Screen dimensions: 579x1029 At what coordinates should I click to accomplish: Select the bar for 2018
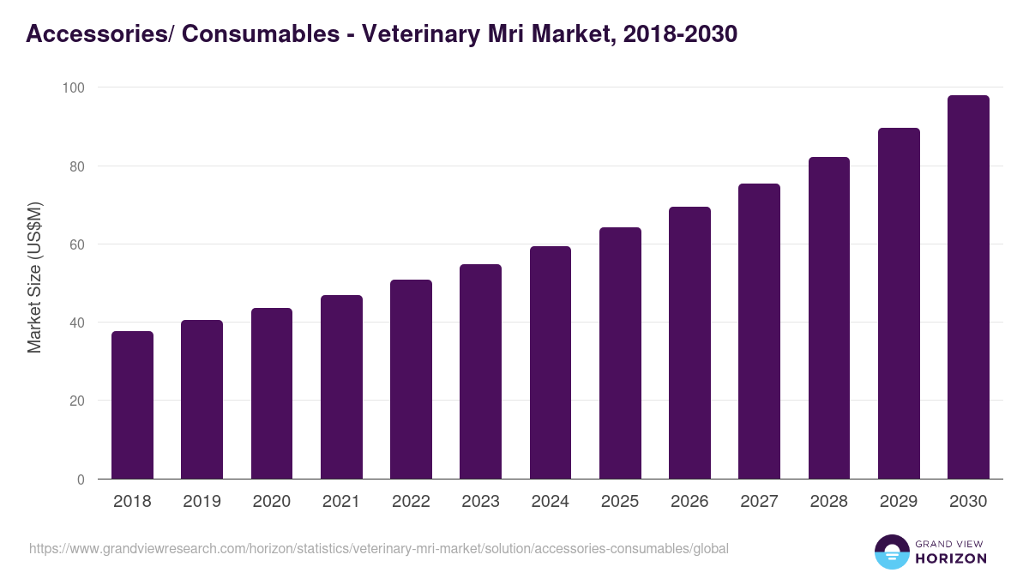click(132, 405)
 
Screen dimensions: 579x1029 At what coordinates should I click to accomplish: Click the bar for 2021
click(341, 387)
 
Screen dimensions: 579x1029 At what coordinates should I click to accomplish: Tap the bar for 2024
click(551, 363)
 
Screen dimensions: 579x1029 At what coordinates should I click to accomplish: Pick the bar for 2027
click(759, 331)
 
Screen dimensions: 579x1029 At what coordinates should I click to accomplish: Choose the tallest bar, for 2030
click(968, 287)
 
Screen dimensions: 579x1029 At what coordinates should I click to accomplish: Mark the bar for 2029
click(899, 304)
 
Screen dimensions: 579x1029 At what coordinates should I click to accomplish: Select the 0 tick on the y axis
click(81, 479)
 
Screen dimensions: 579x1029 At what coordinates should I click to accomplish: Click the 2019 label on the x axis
click(202, 502)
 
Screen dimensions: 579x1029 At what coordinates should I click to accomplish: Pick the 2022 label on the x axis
click(411, 502)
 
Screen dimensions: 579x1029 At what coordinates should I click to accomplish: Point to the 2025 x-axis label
click(620, 502)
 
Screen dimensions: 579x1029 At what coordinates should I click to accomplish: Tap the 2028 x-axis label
click(828, 502)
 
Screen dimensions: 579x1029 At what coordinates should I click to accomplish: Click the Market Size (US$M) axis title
click(35, 278)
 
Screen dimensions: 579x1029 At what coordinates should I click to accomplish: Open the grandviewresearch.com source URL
click(379, 548)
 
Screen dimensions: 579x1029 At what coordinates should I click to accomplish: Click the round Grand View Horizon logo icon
click(891, 552)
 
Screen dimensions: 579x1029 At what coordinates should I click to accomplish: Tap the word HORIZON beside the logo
click(950, 558)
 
